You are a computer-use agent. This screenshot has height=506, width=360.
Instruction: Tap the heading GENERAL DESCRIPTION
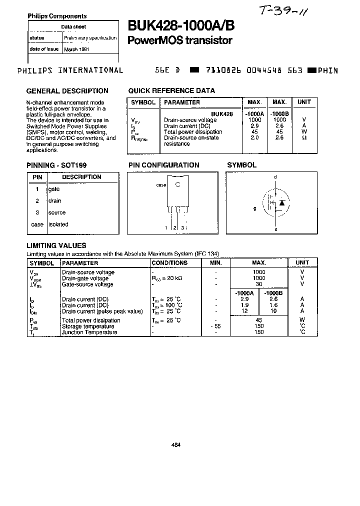[x=67, y=91]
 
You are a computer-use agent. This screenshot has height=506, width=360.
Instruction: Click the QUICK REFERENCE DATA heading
[x=171, y=91]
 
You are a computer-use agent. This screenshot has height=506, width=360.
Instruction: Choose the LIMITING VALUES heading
[x=56, y=245]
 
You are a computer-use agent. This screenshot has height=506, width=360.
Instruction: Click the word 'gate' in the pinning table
[x=54, y=189]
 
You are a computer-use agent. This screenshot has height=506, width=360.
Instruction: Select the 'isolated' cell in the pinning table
[x=58, y=224]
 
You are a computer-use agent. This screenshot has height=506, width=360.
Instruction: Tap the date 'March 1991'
[x=76, y=49]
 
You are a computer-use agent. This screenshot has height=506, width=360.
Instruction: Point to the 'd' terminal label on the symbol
[x=275, y=177]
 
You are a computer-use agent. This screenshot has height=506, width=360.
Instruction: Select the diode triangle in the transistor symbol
[x=282, y=202]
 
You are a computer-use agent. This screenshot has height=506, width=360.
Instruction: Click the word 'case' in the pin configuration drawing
[x=161, y=184]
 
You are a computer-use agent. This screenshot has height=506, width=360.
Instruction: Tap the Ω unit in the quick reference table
[x=304, y=138]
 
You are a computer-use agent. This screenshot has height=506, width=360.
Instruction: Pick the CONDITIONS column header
[x=169, y=263]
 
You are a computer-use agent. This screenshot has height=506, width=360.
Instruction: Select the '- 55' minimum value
[x=215, y=326]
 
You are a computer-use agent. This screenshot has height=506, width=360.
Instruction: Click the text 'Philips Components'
[x=57, y=16]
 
